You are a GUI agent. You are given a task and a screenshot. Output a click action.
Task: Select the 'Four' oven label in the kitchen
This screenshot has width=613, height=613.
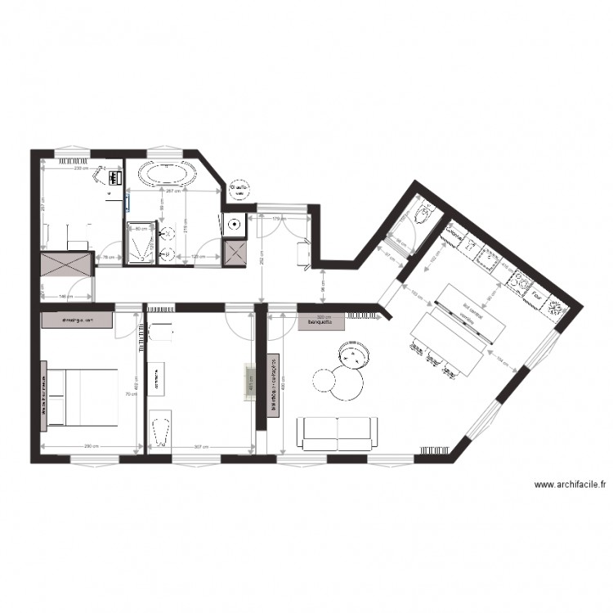(x=538, y=293)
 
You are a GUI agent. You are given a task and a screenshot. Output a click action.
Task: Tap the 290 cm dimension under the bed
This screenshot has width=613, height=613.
(x=91, y=446)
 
